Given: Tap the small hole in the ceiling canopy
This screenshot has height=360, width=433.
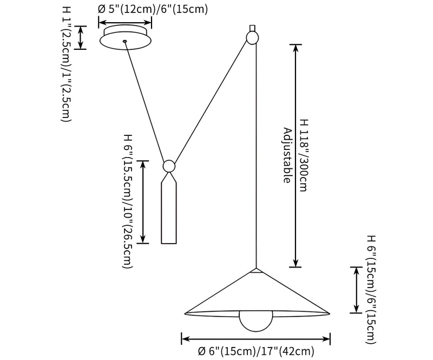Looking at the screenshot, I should point(125,41).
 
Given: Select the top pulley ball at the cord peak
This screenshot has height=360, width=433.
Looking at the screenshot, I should point(252,37).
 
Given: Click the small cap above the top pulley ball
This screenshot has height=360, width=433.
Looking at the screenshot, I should point(252,27).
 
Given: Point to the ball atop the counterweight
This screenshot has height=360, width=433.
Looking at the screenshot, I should point(169,166).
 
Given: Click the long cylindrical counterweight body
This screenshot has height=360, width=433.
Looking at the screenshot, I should point(169,211).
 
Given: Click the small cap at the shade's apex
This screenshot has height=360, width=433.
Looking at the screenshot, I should point(257,269).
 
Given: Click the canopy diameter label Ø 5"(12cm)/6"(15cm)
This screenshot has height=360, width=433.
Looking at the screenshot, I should point(152,9).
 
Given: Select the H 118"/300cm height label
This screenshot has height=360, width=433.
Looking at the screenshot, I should point(303,155).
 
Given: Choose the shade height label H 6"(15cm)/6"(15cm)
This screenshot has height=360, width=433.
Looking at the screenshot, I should point(371,290).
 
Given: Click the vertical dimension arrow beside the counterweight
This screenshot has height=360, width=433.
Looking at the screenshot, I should point(143,201).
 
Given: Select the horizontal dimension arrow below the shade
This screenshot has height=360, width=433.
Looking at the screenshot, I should point(256,339).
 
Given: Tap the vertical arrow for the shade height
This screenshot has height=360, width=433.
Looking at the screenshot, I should point(356,290).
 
